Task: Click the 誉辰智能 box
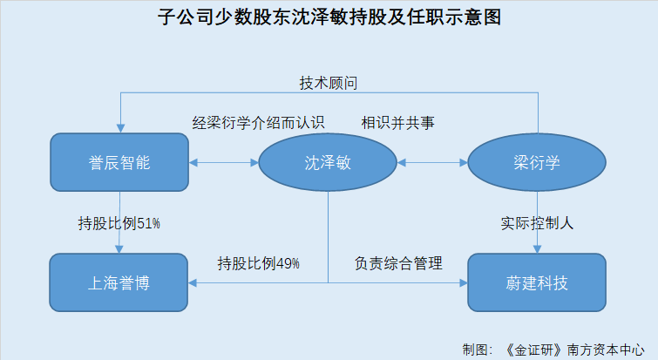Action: pos(119,162)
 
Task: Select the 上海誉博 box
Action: pos(119,282)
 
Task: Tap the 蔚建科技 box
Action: pos(537,282)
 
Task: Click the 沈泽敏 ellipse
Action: pos(328,162)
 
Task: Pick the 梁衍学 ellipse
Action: pos(537,162)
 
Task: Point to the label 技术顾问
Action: pos(329,83)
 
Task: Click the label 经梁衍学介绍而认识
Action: pos(259,123)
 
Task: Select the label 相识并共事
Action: pos(397,123)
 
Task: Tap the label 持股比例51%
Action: pos(119,223)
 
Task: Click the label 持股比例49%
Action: pos(259,263)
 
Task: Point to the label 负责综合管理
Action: pos(398,263)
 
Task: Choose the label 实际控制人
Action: pos(537,223)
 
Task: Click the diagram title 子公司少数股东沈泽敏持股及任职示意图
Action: pos(329,17)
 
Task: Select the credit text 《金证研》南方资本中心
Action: pos(574,350)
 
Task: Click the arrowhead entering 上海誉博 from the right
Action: pos(193,282)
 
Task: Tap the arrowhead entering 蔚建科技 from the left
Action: pos(464,282)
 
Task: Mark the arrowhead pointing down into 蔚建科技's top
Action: pos(537,249)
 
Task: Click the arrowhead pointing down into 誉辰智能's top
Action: pos(120,128)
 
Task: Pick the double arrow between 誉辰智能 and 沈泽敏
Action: pos(224,162)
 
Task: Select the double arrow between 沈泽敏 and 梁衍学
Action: pos(432,162)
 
